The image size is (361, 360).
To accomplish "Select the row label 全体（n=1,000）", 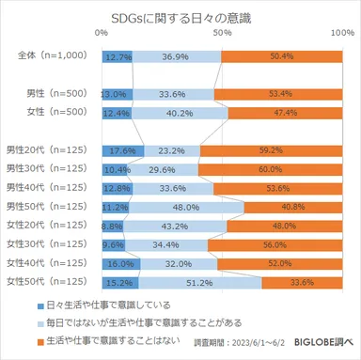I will click(x=53, y=57).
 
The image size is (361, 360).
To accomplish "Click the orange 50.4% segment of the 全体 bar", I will click(x=281, y=57).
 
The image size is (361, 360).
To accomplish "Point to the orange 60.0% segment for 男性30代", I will click(x=272, y=168).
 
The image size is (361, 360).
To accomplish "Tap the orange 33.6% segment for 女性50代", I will click(x=303, y=280).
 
